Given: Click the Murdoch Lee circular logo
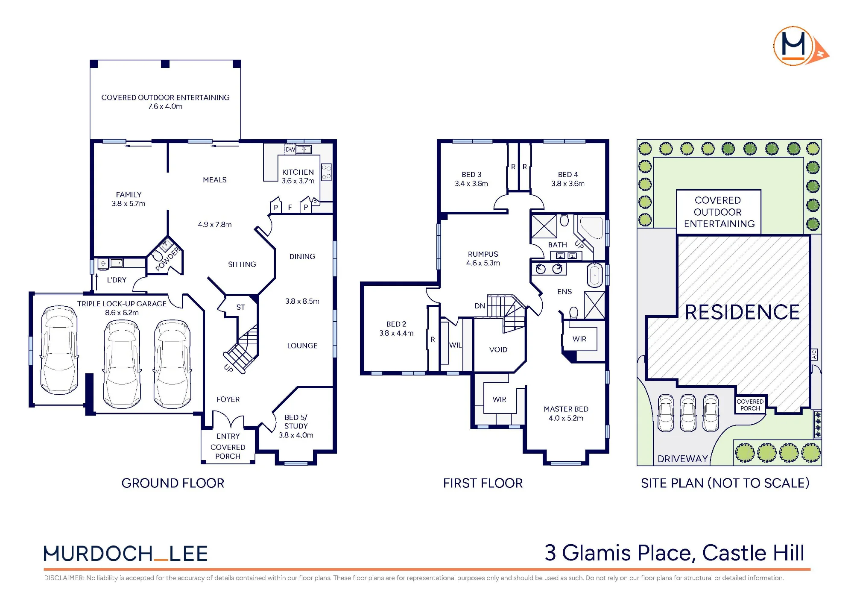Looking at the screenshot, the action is point(793,46).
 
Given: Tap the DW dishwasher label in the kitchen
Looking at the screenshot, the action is point(290,150).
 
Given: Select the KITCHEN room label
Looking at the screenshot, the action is point(298,172).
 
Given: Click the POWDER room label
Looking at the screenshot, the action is point(168,259).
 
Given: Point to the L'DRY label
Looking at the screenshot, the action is point(117,280).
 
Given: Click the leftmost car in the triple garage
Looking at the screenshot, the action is point(59,350).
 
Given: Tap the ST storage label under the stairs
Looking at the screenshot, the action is point(241,307).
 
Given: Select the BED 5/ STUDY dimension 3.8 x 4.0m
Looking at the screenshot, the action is point(296,435).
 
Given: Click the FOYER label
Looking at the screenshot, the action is point(228,399).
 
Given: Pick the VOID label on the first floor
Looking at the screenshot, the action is point(498,349).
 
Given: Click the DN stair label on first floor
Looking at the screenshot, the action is point(480,306).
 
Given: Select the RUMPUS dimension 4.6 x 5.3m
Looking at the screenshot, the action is point(483,263).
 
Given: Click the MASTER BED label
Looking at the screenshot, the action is point(566,409).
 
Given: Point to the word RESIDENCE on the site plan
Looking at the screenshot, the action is point(742,312).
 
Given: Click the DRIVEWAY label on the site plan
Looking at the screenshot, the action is point(683,459).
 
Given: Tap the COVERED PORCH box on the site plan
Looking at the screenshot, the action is point(750,405).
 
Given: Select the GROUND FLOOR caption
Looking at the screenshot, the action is point(173,483).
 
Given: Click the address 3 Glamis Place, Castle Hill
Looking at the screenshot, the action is point(675,553).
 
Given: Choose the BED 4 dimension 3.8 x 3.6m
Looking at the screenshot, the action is point(568,184).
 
